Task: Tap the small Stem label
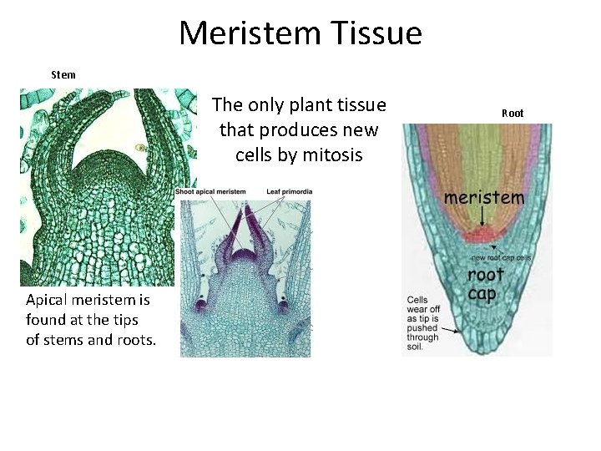pyautogui.click(x=63, y=74)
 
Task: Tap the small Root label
pyautogui.click(x=513, y=113)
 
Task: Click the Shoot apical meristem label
pyautogui.click(x=211, y=192)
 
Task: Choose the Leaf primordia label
pyautogui.click(x=290, y=192)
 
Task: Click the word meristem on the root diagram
pyautogui.click(x=484, y=197)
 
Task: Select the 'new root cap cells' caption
pyautogui.click(x=500, y=257)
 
